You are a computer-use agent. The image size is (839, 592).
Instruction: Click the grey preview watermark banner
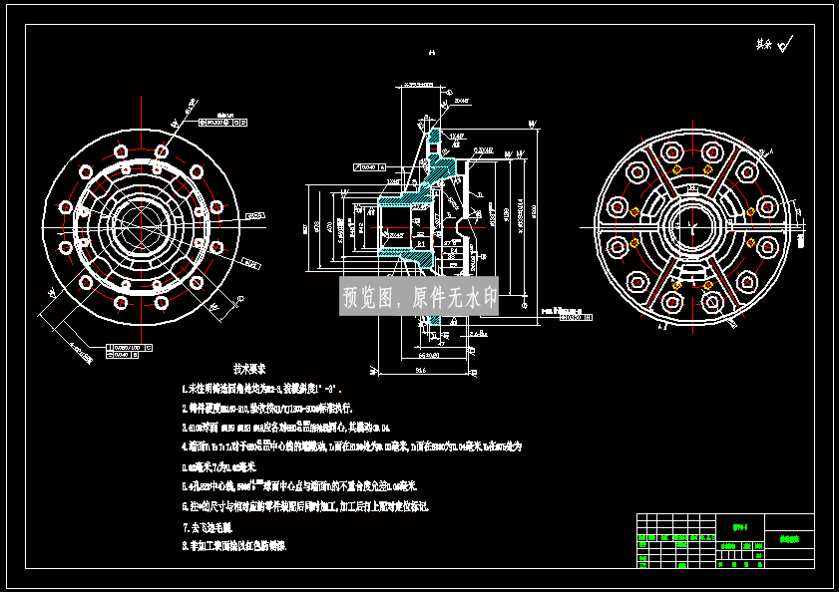pyautogui.click(x=419, y=297)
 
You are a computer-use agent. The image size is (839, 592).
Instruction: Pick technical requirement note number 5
pyautogui.click(x=299, y=486)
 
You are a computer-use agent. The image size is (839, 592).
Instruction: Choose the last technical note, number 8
pyautogui.click(x=234, y=546)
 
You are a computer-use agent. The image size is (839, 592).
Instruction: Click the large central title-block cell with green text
pyautogui.click(x=740, y=528)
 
